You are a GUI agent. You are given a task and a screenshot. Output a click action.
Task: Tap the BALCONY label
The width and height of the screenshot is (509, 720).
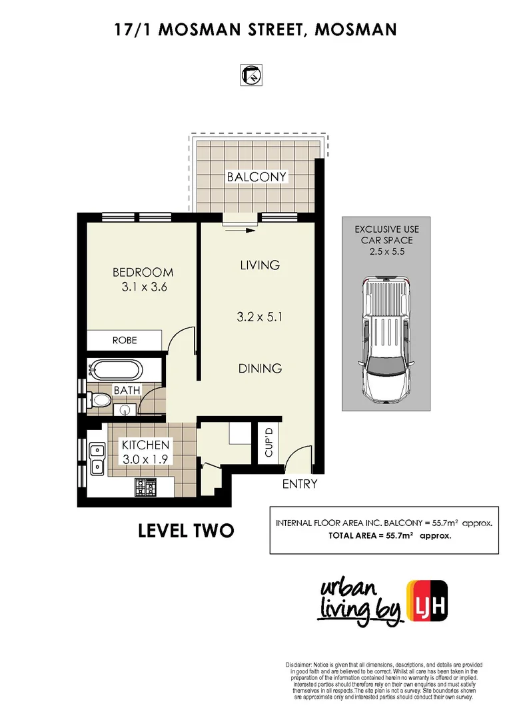pos(256,177)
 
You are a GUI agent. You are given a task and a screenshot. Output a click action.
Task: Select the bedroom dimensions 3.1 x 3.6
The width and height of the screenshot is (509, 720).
pos(143,288)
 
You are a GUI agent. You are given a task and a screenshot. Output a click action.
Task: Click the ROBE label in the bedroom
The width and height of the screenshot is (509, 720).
pos(125,340)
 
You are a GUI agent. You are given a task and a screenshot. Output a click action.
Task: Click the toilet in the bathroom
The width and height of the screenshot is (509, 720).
pos(99,401)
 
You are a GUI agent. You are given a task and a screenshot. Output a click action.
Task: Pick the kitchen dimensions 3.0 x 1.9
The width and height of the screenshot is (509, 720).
pos(146,459)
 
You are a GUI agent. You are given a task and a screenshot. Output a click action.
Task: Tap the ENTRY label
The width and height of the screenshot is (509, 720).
pos(300,484)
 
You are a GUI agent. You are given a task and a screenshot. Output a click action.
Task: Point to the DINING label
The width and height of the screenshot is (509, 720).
pos(260,368)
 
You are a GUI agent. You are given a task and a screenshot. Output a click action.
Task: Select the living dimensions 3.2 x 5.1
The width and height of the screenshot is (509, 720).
pos(260,317)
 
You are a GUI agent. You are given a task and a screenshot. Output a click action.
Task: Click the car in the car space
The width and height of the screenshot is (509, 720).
pos(386,339)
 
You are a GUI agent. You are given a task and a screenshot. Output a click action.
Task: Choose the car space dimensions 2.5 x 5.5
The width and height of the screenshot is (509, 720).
pos(386,251)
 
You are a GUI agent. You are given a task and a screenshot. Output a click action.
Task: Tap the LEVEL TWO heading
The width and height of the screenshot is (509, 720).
pos(185,531)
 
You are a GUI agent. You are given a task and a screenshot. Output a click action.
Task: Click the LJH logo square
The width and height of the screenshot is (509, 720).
pos(427,595)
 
